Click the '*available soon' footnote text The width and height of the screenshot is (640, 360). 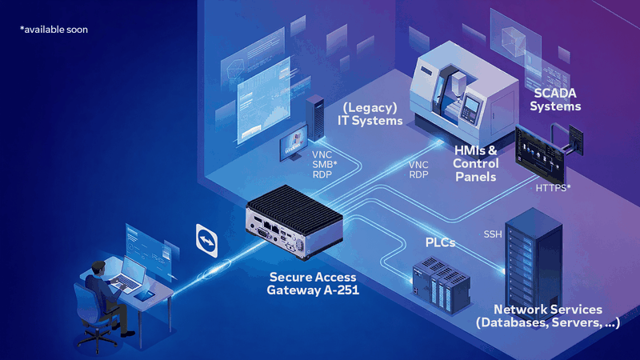tap(54, 30)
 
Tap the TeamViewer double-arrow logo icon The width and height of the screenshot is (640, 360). tap(206, 238)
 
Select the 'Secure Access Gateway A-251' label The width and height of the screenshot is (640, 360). tap(313, 283)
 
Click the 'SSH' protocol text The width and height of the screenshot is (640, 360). tap(494, 234)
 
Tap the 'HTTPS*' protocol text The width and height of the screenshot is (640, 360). tap(553, 188)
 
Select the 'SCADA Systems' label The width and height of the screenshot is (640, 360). tap(556, 99)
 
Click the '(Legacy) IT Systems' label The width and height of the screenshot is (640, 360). tap(370, 114)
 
